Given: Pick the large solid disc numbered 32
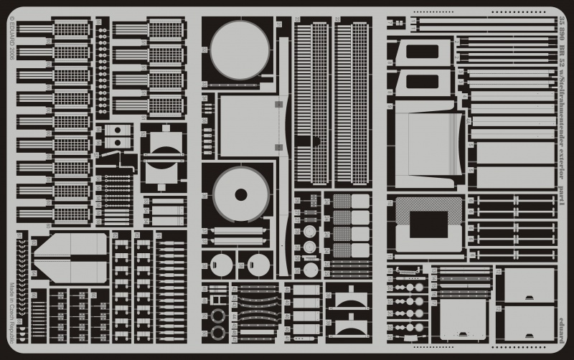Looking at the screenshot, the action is (x=240, y=49).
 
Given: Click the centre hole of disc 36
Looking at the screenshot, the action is (x=241, y=194).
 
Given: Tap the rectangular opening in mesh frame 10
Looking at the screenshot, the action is (x=428, y=224).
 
